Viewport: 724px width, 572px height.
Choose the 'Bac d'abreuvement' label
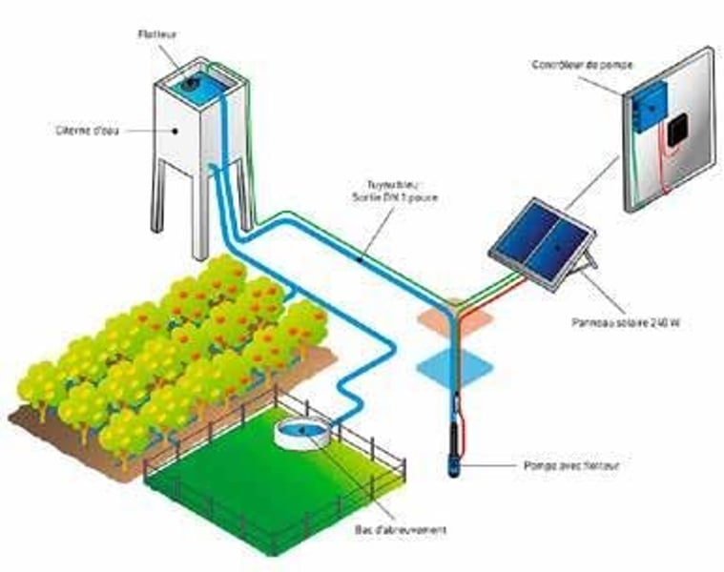393,528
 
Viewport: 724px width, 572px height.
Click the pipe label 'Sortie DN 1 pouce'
383,194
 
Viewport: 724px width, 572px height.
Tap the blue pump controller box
652,102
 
